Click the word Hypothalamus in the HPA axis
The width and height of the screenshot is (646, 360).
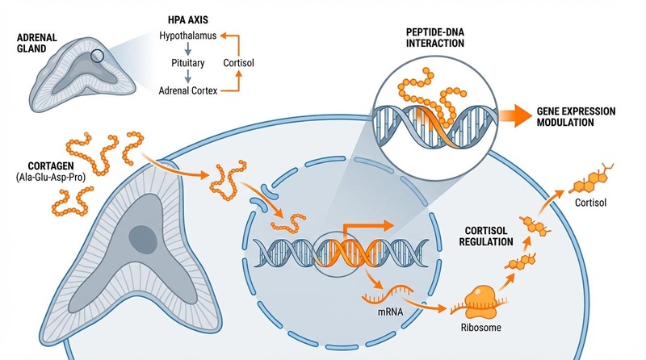tap(189, 36)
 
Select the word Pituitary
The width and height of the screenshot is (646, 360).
tap(189, 62)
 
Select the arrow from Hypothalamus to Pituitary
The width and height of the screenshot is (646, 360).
tap(188, 49)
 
